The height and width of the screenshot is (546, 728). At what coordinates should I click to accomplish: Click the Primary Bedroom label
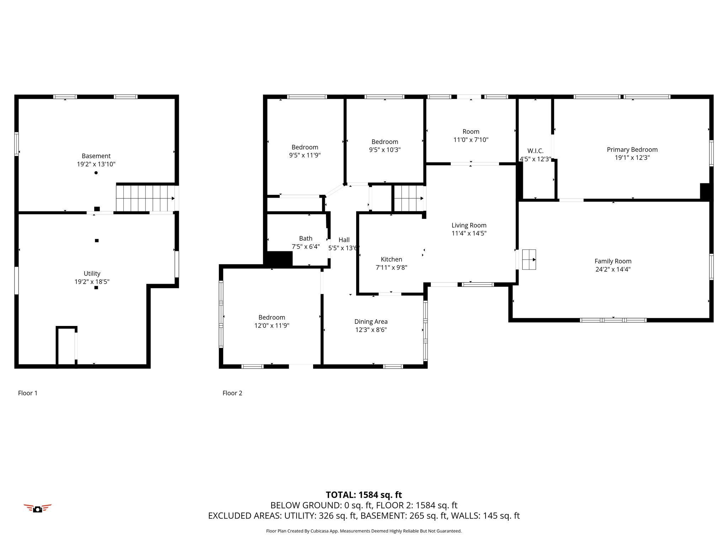[x=632, y=150]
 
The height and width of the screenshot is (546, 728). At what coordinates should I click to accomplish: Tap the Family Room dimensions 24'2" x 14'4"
[x=613, y=269]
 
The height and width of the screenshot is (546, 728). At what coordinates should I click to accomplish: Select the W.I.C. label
[x=535, y=151]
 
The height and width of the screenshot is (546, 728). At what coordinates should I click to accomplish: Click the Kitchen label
[x=391, y=259]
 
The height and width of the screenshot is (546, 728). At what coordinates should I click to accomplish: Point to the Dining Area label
[x=371, y=322]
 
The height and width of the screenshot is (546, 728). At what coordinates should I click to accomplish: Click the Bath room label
[x=306, y=239]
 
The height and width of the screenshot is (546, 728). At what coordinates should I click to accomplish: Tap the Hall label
[x=344, y=240]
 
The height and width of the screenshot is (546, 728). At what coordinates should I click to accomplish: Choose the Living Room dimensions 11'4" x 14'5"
[x=469, y=234]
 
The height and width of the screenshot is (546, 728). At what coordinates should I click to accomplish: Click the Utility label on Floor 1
[x=92, y=274]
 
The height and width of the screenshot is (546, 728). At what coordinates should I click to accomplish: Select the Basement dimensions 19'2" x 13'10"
[x=96, y=164]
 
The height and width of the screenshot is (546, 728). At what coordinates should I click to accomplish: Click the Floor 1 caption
[x=28, y=393]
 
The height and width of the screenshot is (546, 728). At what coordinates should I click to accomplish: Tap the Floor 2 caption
[x=232, y=393]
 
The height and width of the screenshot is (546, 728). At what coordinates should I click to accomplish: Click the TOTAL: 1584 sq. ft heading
[x=364, y=495]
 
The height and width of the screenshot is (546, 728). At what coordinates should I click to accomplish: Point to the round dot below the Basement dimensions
[x=96, y=173]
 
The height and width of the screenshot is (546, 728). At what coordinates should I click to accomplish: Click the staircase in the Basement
[x=146, y=198]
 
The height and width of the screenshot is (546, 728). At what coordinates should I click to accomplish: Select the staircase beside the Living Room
[x=409, y=198]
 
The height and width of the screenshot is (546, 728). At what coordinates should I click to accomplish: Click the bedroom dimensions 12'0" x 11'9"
[x=272, y=326]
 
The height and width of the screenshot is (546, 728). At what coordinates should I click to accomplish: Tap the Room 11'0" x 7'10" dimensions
[x=471, y=140]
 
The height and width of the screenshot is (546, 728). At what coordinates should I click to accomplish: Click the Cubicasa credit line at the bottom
[x=364, y=531]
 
